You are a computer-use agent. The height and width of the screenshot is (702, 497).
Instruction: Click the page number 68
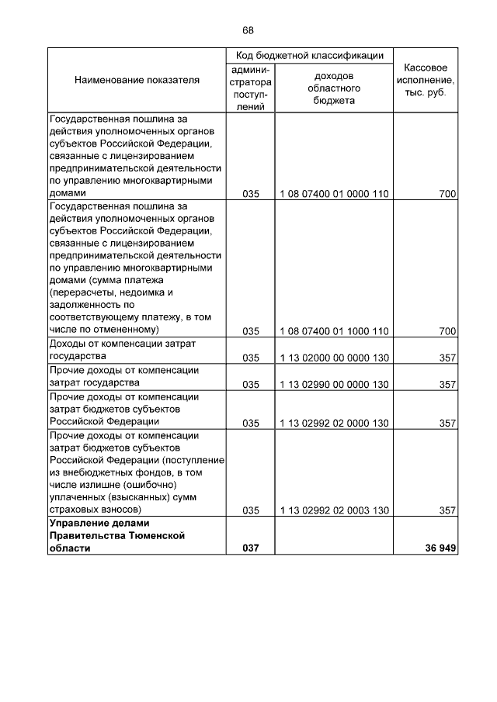(248, 30)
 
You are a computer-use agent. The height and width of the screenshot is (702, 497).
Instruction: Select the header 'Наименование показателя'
(137, 79)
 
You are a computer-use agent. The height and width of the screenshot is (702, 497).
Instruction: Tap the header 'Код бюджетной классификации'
(310, 56)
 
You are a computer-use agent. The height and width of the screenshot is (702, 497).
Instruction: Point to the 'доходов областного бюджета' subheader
(334, 88)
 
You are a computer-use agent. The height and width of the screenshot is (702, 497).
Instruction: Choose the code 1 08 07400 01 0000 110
(334, 193)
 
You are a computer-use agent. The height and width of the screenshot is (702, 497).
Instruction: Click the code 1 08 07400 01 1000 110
(334, 331)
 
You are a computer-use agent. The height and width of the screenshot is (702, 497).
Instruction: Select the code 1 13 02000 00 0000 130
(334, 358)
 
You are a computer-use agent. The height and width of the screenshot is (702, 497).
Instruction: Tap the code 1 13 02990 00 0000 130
(334, 384)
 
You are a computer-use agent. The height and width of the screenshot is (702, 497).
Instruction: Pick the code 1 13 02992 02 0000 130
(334, 423)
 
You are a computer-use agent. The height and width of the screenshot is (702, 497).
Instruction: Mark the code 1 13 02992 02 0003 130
(334, 510)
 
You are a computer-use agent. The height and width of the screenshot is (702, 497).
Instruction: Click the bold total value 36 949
(436, 548)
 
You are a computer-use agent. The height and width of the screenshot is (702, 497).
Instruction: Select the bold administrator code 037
(250, 548)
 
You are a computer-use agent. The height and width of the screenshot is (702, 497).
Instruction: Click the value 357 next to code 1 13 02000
(447, 358)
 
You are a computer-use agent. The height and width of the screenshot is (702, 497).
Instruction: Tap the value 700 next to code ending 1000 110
(447, 331)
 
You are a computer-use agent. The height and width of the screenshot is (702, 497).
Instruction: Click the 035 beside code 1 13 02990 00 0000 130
(250, 384)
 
